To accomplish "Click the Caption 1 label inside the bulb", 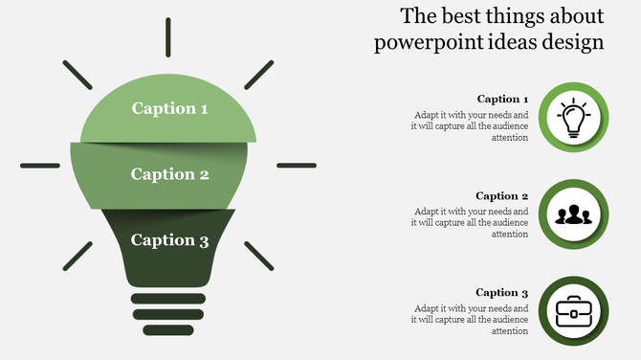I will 169,108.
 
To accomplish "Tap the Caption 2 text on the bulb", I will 169,174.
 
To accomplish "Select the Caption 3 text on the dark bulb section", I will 169,240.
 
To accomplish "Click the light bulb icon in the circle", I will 573,119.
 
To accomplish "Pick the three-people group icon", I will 573,214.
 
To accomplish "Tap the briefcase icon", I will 573,309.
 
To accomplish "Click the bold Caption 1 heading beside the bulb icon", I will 502,99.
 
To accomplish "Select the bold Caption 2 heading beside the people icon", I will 502,196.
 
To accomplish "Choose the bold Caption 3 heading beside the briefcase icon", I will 502,293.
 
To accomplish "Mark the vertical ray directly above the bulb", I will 168,35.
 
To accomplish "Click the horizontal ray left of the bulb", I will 40,166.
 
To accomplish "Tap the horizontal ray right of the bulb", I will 296,166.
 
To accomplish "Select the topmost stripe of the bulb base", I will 168,299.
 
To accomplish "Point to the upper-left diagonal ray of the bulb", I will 77,75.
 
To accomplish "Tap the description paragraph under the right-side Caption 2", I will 471,222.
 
